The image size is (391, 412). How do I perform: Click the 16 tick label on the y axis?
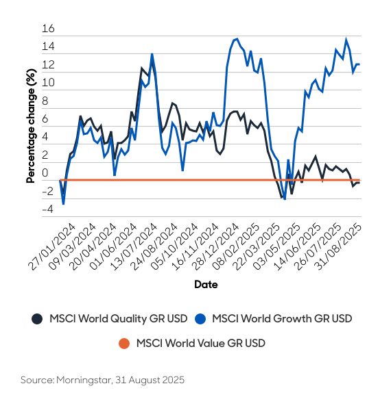tap(47, 29)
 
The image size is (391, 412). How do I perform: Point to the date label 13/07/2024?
tap(142, 247)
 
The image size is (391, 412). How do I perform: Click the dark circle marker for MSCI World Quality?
tap(36, 318)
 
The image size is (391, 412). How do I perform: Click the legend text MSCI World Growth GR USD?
tap(283, 318)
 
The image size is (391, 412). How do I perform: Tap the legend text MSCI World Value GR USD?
tap(200, 343)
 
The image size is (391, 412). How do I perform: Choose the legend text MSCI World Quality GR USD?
tap(118, 318)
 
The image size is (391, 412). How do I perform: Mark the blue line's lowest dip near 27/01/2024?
tap(64, 204)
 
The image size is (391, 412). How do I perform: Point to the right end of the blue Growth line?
tap(359, 64)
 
